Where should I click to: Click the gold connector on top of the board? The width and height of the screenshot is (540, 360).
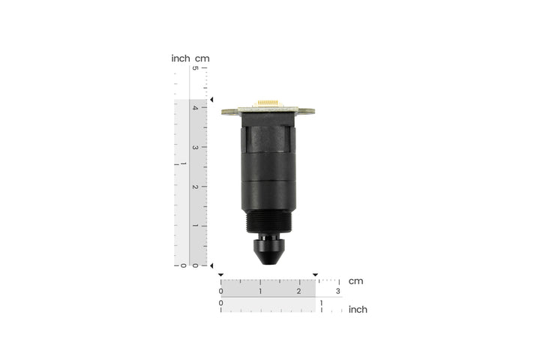pyautogui.click(x=268, y=102)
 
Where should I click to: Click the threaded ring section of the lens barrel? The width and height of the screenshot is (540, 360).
pyautogui.click(x=268, y=222)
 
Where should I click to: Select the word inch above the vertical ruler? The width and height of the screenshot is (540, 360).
pyautogui.click(x=180, y=58)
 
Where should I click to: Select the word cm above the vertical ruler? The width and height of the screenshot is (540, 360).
pyautogui.click(x=202, y=58)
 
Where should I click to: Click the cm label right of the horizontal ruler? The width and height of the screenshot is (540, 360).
pyautogui.click(x=355, y=281)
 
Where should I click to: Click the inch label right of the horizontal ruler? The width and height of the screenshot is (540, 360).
pyautogui.click(x=358, y=309)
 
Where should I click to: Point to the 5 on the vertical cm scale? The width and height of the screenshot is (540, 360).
pyautogui.click(x=195, y=69)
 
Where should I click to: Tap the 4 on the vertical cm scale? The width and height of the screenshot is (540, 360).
pyautogui.click(x=195, y=108)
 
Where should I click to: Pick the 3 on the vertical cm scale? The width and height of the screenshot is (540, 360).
pyautogui.click(x=195, y=147)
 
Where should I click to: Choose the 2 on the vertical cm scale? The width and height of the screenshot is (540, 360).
pyautogui.click(x=195, y=187)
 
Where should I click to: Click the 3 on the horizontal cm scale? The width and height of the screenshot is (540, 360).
pyautogui.click(x=338, y=291)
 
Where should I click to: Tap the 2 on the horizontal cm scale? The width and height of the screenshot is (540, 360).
pyautogui.click(x=299, y=291)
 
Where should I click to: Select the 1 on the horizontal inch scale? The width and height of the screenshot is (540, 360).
pyautogui.click(x=322, y=303)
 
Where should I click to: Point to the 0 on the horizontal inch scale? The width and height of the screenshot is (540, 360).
pyautogui.click(x=220, y=303)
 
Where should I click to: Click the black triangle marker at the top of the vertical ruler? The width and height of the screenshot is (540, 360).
pyautogui.click(x=212, y=100)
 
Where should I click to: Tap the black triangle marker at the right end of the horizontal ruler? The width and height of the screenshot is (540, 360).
pyautogui.click(x=315, y=274)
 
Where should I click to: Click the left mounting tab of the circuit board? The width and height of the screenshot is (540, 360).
pyautogui.click(x=229, y=112)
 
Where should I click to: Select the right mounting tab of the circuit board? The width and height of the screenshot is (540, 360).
pyautogui.click(x=308, y=112)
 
